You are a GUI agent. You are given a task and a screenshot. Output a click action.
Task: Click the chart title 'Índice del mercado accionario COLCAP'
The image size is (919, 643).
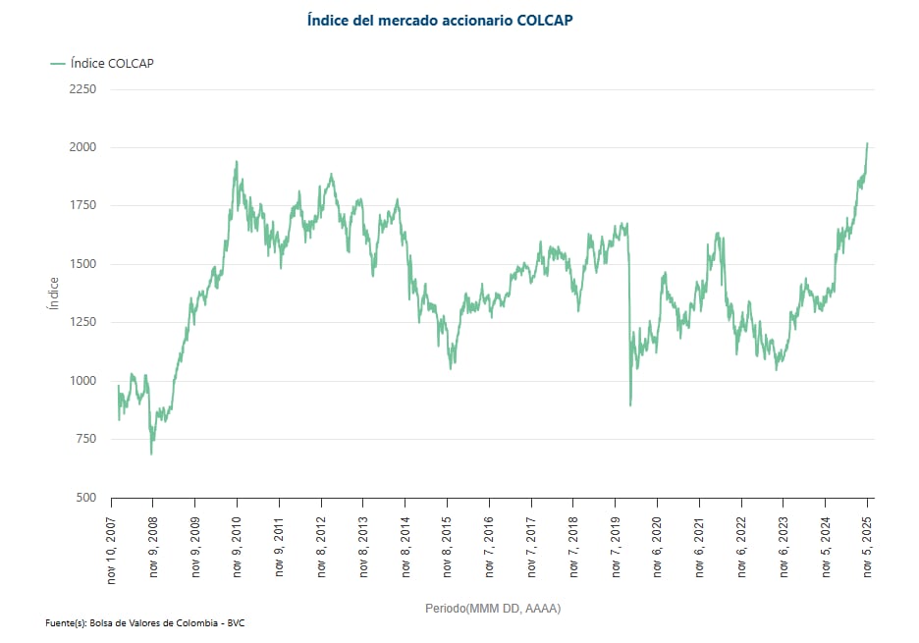[x=439, y=20]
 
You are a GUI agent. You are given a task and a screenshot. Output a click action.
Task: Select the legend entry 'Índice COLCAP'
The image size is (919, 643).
[x=102, y=64]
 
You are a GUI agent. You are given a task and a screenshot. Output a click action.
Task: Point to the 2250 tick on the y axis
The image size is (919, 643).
[x=83, y=89]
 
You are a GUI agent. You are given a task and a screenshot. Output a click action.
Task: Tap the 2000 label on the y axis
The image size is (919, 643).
[x=83, y=147]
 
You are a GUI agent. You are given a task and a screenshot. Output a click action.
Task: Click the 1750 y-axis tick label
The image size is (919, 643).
[x=83, y=205]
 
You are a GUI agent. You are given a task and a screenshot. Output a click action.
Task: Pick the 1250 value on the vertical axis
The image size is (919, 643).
[x=83, y=322]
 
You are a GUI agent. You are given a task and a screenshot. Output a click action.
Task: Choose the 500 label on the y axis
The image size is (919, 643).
[x=86, y=498]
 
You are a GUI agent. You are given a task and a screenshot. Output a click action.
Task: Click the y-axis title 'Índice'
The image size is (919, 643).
[x=54, y=293]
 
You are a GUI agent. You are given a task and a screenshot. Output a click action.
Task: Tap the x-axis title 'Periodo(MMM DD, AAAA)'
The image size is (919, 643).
[x=492, y=609]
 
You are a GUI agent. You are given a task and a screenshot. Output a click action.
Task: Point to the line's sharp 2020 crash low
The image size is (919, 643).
[x=630, y=404]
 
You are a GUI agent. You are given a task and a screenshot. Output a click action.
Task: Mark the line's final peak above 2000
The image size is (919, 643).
[x=867, y=143]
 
